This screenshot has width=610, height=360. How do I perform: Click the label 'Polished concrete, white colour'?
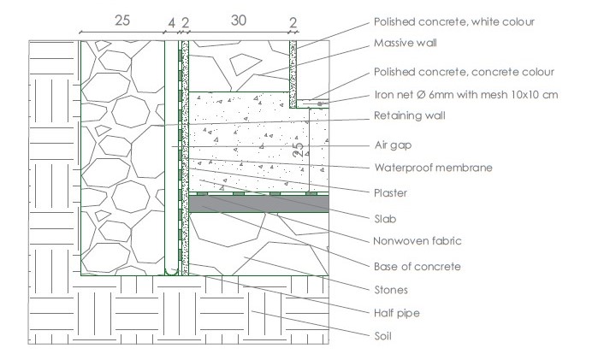click(x=454, y=21)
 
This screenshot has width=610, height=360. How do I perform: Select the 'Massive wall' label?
click(x=405, y=43)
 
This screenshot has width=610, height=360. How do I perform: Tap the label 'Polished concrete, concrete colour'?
click(x=464, y=72)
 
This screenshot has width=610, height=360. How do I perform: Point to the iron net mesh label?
click(x=466, y=94)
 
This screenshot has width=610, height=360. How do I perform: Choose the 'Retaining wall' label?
click(x=409, y=115)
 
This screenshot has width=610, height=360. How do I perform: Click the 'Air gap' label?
click(x=393, y=145)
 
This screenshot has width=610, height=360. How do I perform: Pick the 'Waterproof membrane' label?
click(x=433, y=168)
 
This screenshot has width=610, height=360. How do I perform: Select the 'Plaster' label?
click(x=390, y=193)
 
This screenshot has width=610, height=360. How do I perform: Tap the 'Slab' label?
click(x=385, y=219)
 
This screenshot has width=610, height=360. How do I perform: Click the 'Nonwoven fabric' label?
click(x=417, y=241)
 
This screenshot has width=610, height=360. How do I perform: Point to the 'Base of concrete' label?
click(x=417, y=267)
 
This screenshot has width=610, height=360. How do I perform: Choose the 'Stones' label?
click(x=391, y=290)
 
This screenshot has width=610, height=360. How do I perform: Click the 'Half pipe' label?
click(x=396, y=313)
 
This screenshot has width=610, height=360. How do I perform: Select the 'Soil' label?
click(x=382, y=336)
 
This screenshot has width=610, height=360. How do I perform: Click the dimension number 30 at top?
click(x=239, y=21)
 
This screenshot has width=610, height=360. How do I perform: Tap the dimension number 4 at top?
click(x=172, y=23)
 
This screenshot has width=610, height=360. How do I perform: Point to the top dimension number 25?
click(x=122, y=21)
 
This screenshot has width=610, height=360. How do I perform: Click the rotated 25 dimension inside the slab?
click(x=298, y=150)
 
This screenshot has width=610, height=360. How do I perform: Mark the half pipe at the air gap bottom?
click(x=171, y=272)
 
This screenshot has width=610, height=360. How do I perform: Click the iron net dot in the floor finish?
click(x=320, y=103)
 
